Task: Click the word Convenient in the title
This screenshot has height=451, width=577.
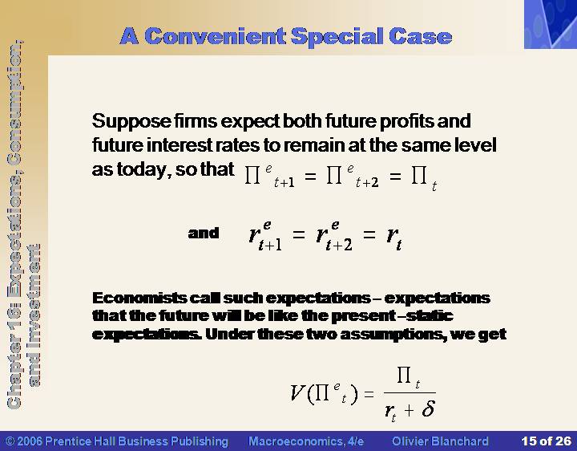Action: point(216,36)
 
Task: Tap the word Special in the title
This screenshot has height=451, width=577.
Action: point(337,37)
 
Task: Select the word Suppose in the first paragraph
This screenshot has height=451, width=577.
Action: point(131,121)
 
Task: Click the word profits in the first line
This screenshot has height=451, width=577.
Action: point(406,121)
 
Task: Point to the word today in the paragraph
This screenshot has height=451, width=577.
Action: point(143,169)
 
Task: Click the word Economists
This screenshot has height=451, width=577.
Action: point(139,298)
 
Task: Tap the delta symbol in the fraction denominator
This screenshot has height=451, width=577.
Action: point(428,408)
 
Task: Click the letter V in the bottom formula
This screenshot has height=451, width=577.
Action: point(297,392)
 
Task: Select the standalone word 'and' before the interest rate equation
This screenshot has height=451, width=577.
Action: point(203,233)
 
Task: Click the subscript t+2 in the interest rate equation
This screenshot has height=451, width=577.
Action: point(339,244)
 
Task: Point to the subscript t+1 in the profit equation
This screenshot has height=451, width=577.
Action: point(284,182)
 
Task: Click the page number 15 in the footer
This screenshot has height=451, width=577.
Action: point(528,441)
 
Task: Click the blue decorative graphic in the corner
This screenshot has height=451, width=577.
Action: point(551,24)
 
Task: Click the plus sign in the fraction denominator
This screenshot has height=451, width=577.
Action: point(410,409)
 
